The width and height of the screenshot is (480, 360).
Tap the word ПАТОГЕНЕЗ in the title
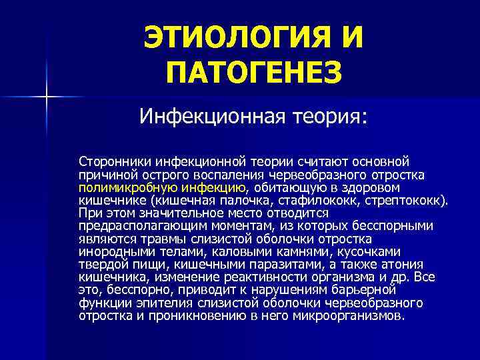254,71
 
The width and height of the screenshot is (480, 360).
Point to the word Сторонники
114,161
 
